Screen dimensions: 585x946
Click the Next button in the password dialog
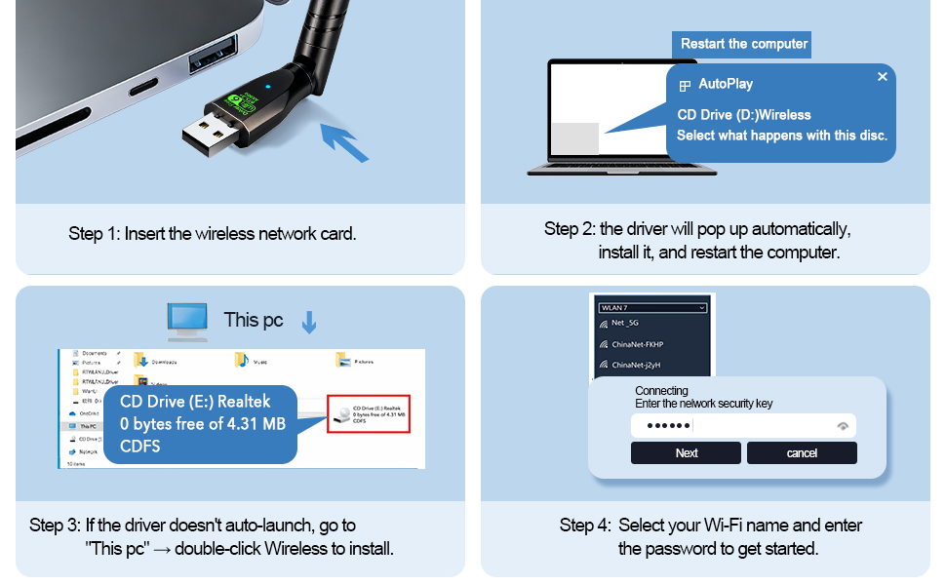(687, 452)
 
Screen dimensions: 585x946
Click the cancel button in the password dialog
(802, 452)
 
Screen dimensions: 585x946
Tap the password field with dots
(731, 426)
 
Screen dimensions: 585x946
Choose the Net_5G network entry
(624, 323)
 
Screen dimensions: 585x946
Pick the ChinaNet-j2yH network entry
(637, 366)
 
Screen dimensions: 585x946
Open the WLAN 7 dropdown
(651, 307)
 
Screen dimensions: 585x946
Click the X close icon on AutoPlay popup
(883, 77)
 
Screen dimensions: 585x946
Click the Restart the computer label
(743, 44)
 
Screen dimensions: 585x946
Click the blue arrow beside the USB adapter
(344, 140)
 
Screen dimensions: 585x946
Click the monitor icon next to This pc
(187, 320)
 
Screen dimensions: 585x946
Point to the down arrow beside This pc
(309, 322)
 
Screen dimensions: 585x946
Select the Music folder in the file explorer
(251, 361)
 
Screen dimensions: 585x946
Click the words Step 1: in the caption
(94, 234)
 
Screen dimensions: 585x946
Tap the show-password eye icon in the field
(843, 426)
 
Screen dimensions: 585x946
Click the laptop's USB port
(214, 54)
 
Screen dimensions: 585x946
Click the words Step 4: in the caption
(585, 526)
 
